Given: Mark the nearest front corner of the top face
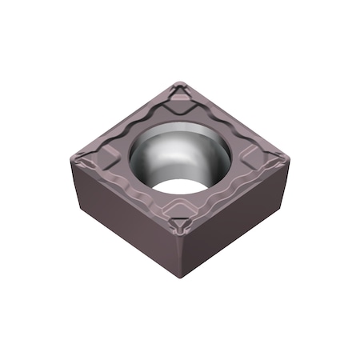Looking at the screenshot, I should pyautogui.click(x=181, y=233).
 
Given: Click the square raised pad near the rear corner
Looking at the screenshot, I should pyautogui.click(x=182, y=104).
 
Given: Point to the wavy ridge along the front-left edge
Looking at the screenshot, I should pyautogui.click(x=120, y=188).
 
